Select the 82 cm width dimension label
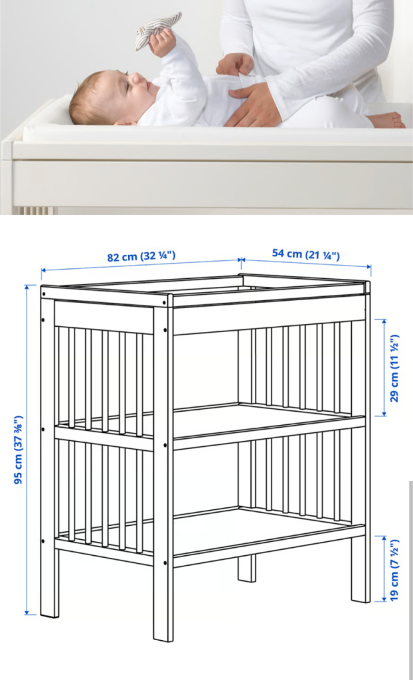tap(141, 256)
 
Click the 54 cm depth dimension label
tap(306, 254)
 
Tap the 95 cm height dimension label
tap(19, 450)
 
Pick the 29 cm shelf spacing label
tap(394, 368)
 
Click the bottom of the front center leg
tap(163, 638)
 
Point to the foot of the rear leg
tap(247, 579)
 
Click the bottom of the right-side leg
tap(361, 599)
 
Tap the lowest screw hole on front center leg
tap(165, 563)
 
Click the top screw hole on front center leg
tap(165, 302)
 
